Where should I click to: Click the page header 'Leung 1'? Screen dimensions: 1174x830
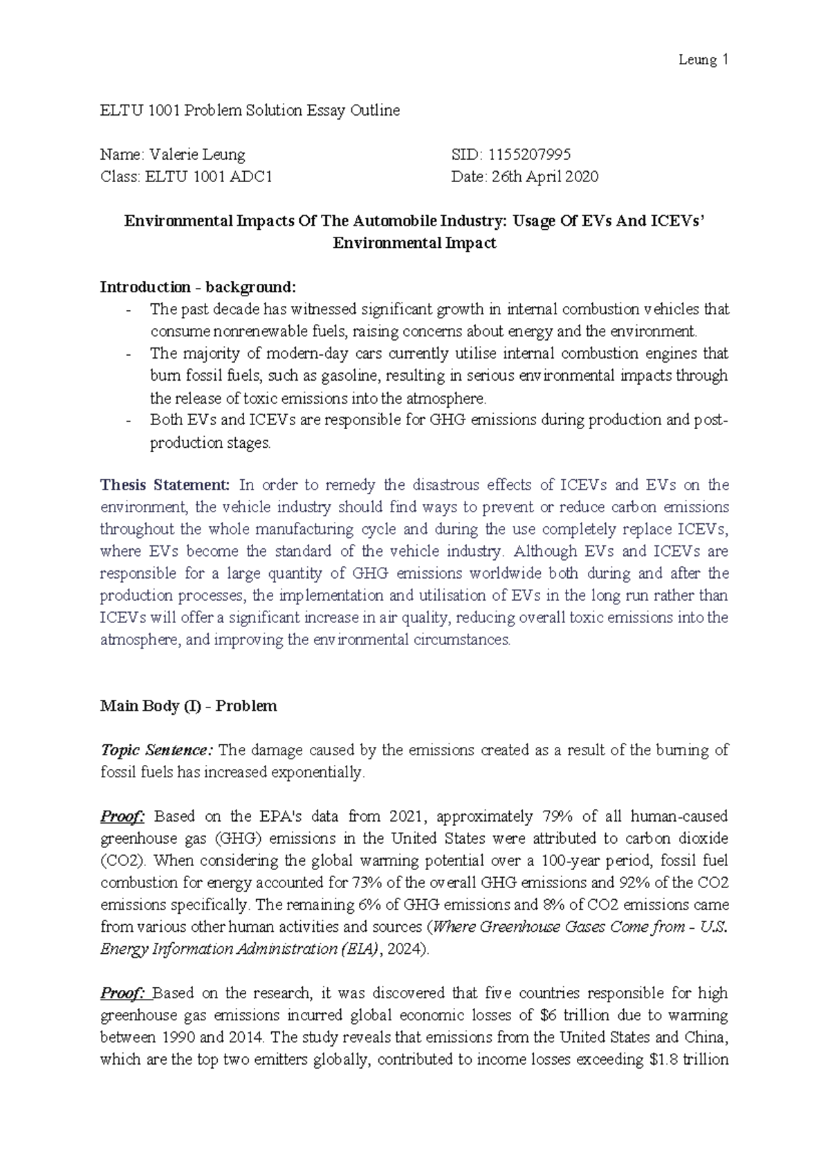(x=703, y=60)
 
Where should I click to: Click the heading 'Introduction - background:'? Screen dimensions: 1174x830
(x=197, y=287)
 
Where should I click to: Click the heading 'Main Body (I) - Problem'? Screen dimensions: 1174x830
(x=188, y=706)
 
